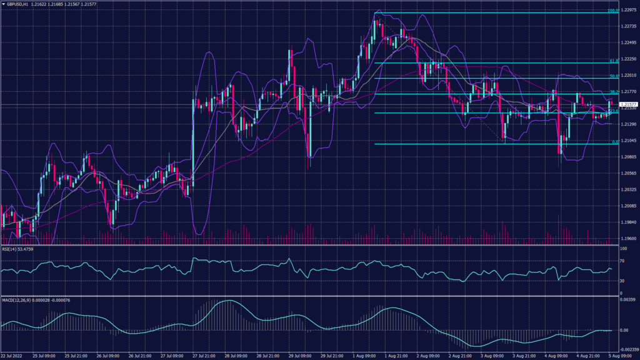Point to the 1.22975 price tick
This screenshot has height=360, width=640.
tap(627, 12)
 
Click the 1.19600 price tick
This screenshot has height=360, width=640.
tap(627, 238)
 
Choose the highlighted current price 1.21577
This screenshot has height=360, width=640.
tap(627, 104)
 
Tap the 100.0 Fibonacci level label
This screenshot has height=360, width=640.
tap(612, 11)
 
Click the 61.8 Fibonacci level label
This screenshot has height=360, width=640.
tap(614, 61)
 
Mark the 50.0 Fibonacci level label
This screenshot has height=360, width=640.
tap(614, 76)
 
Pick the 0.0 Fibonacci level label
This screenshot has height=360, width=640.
tap(615, 142)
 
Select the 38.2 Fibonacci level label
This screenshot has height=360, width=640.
tap(614, 92)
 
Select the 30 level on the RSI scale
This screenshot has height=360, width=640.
tap(622, 281)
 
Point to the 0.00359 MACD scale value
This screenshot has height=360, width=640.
tap(627, 301)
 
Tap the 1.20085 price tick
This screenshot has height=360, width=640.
tap(627, 206)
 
